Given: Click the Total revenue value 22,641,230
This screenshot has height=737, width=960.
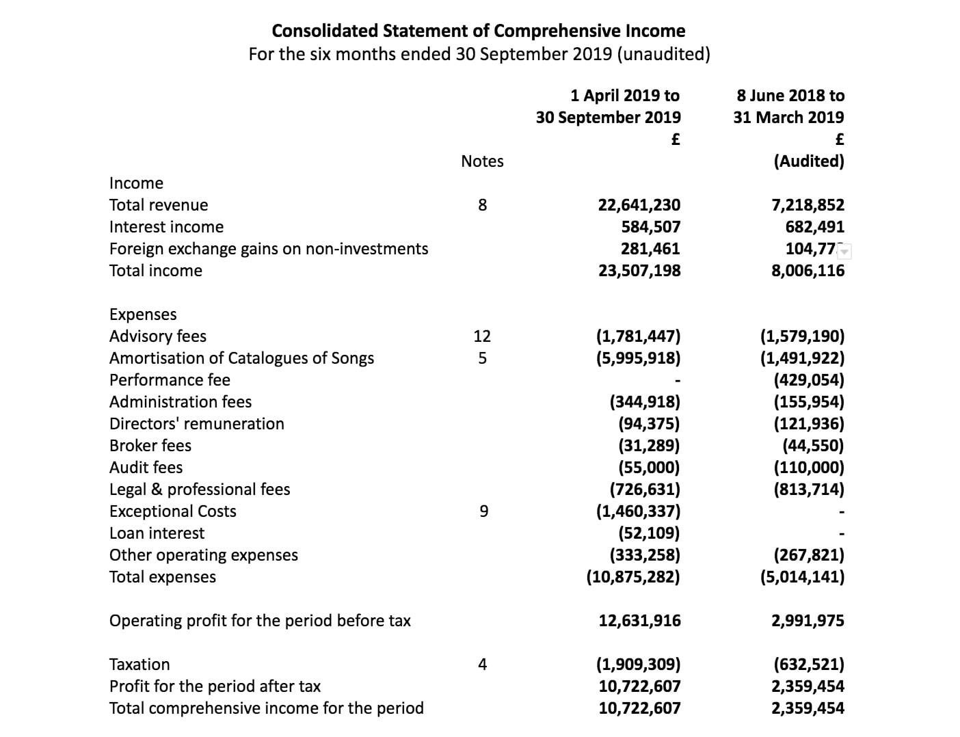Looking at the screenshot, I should point(639,205).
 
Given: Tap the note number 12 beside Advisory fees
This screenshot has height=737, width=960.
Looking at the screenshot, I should point(482,336).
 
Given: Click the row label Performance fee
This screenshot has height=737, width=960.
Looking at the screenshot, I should point(170,380).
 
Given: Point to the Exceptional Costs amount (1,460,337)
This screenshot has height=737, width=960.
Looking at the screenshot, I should point(638,511).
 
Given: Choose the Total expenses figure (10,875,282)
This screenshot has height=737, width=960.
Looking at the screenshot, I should point(633,577).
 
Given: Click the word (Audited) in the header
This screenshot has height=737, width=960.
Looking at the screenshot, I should point(809,161).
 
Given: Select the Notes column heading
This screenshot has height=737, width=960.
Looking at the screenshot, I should point(482,161).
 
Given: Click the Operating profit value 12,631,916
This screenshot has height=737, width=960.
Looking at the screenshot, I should point(639,621).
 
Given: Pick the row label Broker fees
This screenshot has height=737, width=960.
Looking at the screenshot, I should point(150,446).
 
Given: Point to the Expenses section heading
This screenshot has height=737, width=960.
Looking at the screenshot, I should point(143,314).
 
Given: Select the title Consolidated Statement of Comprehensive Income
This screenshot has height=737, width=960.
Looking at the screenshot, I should point(479,31).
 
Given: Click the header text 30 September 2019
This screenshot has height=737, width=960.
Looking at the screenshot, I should point(608,118).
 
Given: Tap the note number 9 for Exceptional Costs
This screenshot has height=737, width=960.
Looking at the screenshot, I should point(483,511).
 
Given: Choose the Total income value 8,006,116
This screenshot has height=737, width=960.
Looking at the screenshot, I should point(808,271).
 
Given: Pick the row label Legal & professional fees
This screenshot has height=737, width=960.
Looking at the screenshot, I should point(200,490).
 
